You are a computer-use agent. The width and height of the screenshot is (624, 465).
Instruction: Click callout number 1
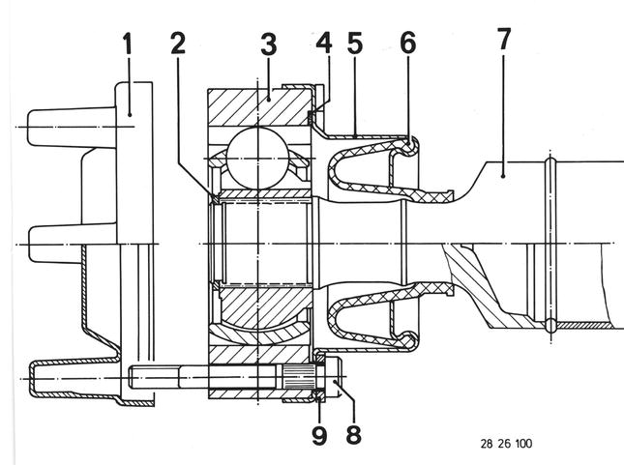click(128, 44)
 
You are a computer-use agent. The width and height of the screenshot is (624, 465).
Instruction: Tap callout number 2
click(178, 43)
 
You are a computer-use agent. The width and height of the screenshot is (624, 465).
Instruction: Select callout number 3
click(269, 44)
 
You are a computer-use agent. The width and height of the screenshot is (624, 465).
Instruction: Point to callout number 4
click(324, 43)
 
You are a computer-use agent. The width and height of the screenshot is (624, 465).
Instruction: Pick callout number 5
click(355, 44)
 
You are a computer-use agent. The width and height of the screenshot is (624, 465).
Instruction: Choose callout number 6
click(408, 43)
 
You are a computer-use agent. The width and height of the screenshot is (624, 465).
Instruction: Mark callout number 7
click(504, 39)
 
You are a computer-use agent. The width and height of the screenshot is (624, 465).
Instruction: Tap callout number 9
click(319, 435)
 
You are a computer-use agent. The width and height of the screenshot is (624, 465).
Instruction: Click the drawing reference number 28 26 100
click(506, 444)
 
